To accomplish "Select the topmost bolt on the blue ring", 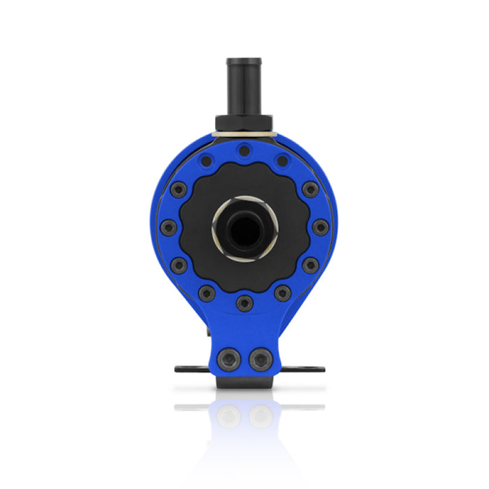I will tap(244, 150).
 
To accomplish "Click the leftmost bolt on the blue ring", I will tap(168, 227).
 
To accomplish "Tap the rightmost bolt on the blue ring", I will tap(319, 227).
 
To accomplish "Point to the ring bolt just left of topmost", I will tap(206, 161).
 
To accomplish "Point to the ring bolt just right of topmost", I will tap(282, 161).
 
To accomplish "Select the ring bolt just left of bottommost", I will tap(207, 293).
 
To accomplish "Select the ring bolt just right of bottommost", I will tap(282, 293).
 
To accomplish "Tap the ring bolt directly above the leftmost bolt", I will tap(178, 189).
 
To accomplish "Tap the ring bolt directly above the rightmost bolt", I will tap(309, 189).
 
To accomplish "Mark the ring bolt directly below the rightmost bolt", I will tap(309, 265).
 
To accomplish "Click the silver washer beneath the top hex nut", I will tap(244, 132).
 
